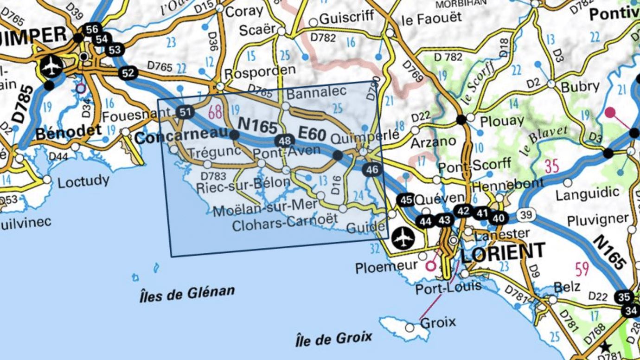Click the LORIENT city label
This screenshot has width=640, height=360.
[x=503, y=252]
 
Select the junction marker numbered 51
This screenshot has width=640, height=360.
[x=186, y=111]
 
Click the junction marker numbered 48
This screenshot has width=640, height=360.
[x=285, y=141]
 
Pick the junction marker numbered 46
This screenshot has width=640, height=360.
[x=372, y=170]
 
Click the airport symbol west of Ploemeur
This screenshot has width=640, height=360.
[x=402, y=238]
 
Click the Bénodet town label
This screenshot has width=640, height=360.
[x=68, y=133]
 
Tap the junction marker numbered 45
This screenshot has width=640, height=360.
[x=407, y=200]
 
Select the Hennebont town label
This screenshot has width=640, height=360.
[x=508, y=184]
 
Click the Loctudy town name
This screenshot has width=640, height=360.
[x=83, y=181]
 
